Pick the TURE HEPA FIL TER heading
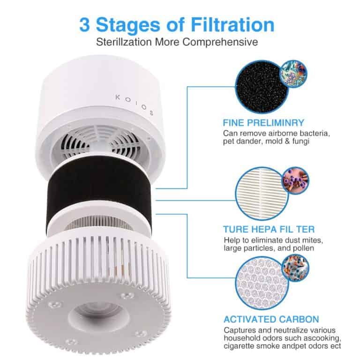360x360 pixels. tap(269, 230)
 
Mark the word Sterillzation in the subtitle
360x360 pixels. tap(125, 42)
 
